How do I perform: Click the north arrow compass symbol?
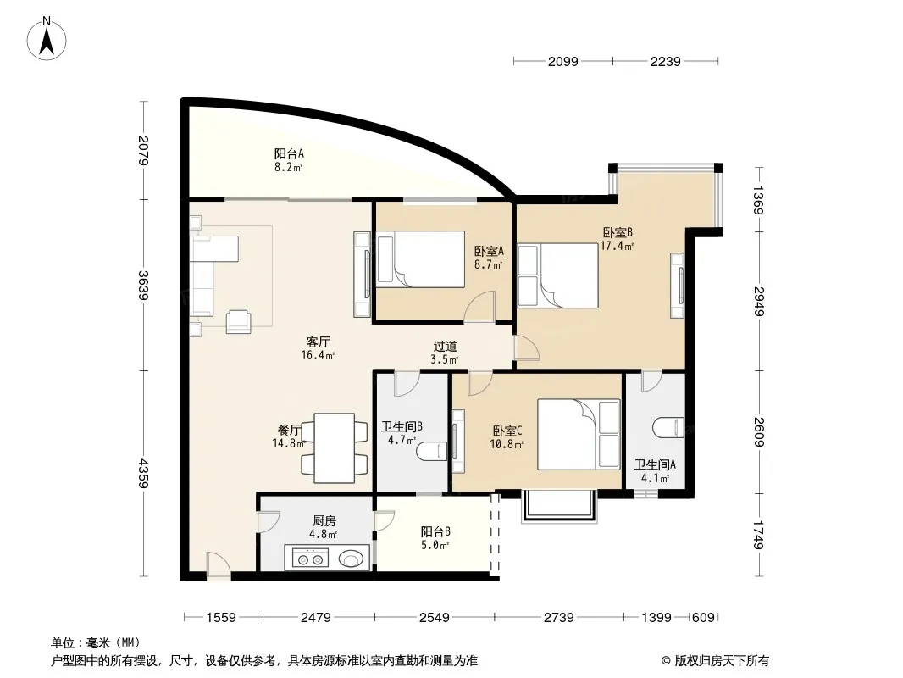[47, 39]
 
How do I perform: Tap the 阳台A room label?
[289, 153]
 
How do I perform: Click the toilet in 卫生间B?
[431, 451]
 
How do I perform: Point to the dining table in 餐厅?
[334, 448]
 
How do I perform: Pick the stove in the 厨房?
[310, 559]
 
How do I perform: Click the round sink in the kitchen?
[352, 559]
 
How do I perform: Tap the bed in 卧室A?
[420, 259]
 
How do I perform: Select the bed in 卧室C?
[579, 434]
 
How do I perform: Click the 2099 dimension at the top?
[562, 61]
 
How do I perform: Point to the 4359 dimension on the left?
[143, 474]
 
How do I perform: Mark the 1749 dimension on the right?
[759, 535]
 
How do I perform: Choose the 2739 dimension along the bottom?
[558, 618]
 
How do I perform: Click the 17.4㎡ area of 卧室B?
[617, 246]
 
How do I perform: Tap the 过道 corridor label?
[446, 346]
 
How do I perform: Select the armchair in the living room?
[238, 321]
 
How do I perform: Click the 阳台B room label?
[435, 531]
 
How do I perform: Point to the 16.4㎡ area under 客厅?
[318, 355]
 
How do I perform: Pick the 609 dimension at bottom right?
[703, 618]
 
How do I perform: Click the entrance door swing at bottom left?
[219, 564]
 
